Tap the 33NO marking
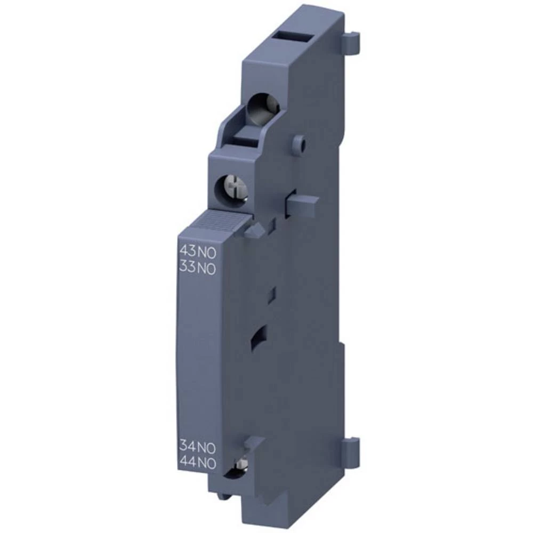(196, 268)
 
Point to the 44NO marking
(197, 463)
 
